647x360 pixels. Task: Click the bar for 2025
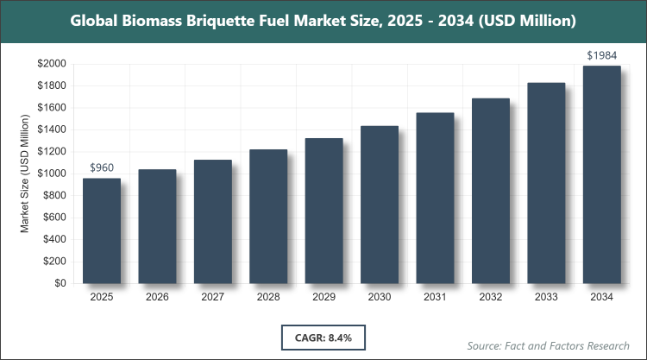[x=102, y=231]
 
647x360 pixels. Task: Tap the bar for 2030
[x=380, y=205]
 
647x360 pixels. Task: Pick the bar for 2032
[x=491, y=191]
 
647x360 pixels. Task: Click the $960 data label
[x=102, y=167]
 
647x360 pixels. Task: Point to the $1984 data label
[x=602, y=55]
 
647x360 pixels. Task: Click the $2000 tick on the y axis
[x=53, y=64]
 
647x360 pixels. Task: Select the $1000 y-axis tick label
[x=53, y=174]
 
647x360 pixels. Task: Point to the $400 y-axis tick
[x=55, y=239]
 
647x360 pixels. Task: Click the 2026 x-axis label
[x=157, y=297]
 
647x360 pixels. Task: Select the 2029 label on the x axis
[x=324, y=297]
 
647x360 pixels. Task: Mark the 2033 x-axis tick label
[x=546, y=297]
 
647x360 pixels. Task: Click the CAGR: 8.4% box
[x=323, y=334]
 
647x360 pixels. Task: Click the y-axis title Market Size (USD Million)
[x=26, y=174]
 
